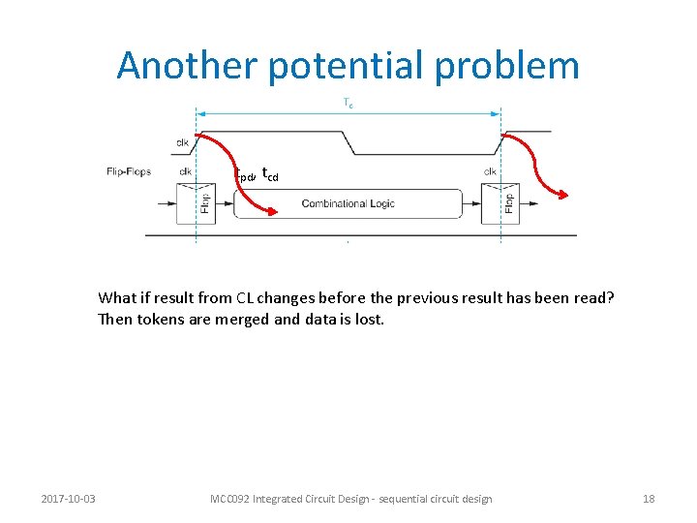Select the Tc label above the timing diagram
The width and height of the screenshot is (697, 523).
pyautogui.click(x=348, y=103)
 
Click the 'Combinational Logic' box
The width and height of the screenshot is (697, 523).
pyautogui.click(x=348, y=203)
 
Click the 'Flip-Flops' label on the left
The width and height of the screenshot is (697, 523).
pyautogui.click(x=129, y=172)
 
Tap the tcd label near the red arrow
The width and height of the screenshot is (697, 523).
pyautogui.click(x=270, y=174)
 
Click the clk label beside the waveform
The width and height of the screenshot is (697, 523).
pyautogui.click(x=182, y=142)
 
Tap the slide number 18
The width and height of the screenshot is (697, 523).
pyautogui.click(x=649, y=499)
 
